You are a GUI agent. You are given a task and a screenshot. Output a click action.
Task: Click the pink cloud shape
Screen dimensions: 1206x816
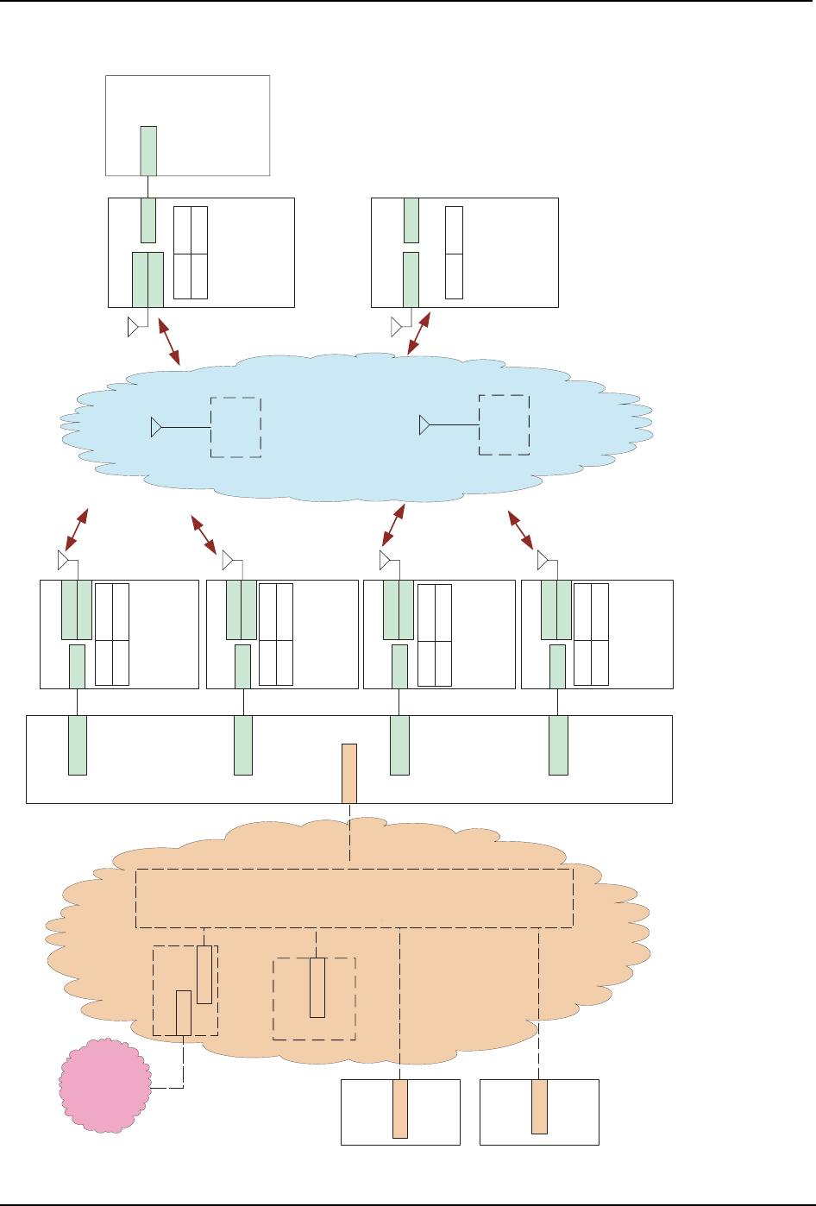point(104,1084)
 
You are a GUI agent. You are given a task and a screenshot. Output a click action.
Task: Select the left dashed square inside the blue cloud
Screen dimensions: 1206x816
point(235,427)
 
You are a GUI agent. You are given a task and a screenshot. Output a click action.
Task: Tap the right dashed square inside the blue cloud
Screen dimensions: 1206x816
point(504,424)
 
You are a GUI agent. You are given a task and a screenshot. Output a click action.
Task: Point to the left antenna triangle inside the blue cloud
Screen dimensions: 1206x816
point(156,427)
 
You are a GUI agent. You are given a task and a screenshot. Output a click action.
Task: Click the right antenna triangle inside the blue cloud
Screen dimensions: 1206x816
point(424,425)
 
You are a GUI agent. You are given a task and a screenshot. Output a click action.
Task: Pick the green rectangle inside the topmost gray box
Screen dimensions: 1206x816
point(148,151)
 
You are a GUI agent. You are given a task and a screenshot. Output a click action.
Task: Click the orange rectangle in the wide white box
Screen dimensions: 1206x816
point(349,773)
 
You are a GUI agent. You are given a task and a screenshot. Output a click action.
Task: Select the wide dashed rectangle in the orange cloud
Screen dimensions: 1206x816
point(354,898)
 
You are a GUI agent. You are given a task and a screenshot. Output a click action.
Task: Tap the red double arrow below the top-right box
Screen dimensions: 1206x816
point(418,334)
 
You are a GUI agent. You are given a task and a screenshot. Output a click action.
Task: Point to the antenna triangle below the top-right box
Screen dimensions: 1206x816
point(396,327)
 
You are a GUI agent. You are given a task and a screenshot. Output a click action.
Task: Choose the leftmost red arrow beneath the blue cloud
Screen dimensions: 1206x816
point(76,530)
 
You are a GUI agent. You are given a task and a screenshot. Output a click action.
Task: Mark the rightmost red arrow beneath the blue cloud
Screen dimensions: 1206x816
point(519,530)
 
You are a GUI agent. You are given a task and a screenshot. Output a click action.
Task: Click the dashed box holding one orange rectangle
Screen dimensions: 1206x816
point(314,998)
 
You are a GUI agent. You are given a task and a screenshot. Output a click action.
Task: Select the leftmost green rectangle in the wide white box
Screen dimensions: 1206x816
point(78,745)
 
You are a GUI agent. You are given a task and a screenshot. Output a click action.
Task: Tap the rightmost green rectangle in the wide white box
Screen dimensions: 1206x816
point(558,745)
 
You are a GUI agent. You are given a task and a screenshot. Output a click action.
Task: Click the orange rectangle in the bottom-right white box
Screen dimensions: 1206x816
point(539,1106)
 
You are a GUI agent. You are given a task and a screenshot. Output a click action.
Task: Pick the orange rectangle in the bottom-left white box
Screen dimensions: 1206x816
point(399,1109)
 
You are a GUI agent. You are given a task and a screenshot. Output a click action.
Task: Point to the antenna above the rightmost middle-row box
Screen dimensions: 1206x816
point(543,562)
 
